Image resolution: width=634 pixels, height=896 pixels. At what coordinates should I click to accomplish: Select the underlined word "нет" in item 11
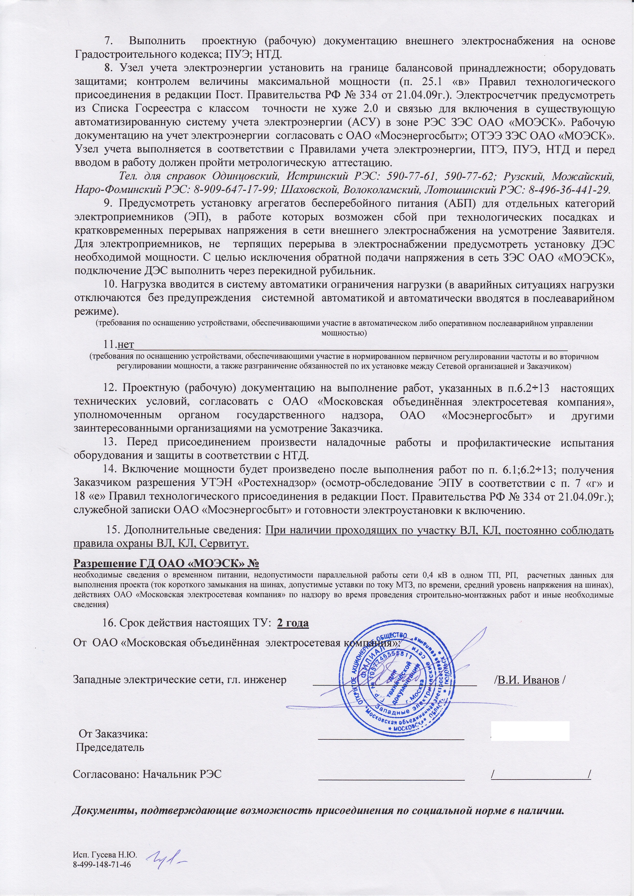(126, 345)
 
